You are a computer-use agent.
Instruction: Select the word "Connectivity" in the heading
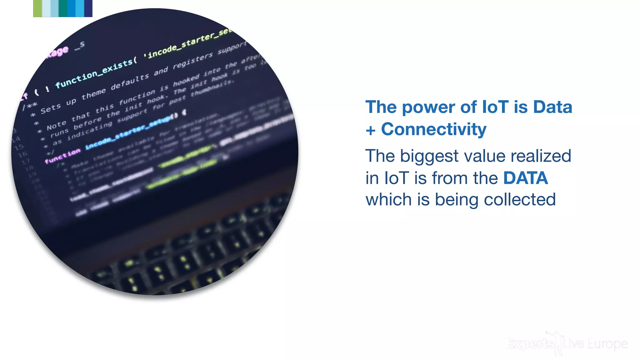[x=433, y=129]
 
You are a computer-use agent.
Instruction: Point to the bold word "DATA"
[x=525, y=178]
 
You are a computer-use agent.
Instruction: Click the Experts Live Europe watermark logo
[x=567, y=344]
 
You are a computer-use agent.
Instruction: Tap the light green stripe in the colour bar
[x=37, y=8]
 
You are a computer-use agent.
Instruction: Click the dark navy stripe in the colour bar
[x=88, y=8]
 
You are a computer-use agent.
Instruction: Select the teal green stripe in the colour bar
[x=63, y=8]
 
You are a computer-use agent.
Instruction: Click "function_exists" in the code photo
[x=94, y=74]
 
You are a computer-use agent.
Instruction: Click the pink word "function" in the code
[x=62, y=156]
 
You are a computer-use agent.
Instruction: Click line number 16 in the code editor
[x=22, y=154]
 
